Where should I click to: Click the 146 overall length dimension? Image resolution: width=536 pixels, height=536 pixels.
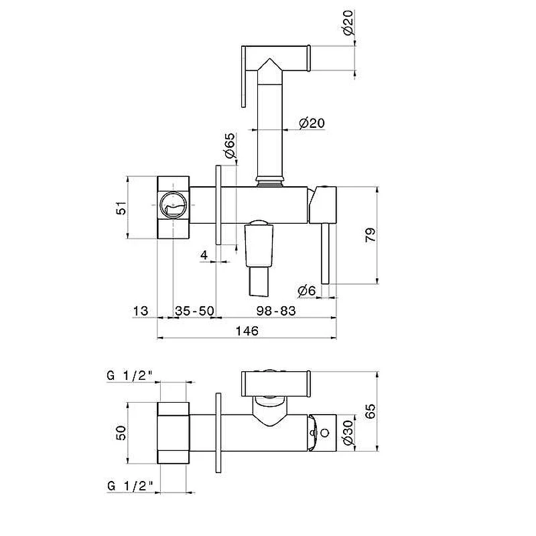pos(247,330)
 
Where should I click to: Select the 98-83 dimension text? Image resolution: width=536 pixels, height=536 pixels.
pos(276,311)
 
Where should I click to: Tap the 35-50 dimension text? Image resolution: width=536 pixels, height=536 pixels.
pos(194,311)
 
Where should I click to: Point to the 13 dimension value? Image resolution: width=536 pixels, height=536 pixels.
pos(141,311)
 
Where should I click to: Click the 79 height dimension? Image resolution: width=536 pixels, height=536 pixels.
pos(371,234)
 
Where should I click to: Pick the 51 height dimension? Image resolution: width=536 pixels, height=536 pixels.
pos(121,208)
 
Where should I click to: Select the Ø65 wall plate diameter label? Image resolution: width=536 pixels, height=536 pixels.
pos(230,145)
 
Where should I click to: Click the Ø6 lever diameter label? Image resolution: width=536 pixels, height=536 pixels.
pos(307,291)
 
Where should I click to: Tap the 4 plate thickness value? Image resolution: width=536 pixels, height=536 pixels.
pos(204,255)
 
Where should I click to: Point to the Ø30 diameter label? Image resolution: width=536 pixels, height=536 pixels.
pos(348,433)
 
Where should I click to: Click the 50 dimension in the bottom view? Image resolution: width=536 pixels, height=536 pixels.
pos(121,433)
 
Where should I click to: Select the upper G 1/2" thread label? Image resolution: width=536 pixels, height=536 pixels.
pos(129,376)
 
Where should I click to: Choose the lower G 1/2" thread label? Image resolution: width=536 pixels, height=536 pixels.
pos(129,486)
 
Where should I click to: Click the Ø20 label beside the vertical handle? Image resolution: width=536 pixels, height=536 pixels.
pos(312,123)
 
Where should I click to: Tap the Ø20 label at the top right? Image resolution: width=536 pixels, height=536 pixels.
pos(348,23)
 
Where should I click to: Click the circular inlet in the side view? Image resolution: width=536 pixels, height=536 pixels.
pos(174,205)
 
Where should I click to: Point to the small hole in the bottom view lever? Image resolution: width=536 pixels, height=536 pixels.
pos(325,433)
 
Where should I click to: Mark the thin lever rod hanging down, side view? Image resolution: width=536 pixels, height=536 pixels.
pos(326,254)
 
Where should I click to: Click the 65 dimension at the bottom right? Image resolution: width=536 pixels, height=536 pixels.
pos(371,411)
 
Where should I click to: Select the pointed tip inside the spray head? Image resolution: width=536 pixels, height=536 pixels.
pos(269,65)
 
